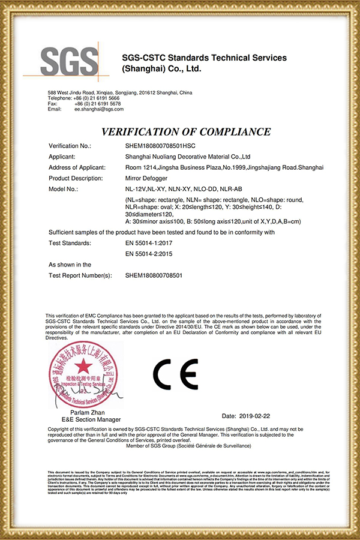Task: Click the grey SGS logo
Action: [68, 62]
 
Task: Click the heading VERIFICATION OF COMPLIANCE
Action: [186, 131]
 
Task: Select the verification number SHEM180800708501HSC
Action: [161, 146]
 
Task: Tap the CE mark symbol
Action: [175, 375]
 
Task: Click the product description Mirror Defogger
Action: [147, 178]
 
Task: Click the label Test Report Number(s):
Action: [80, 275]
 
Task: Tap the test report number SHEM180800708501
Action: [154, 275]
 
